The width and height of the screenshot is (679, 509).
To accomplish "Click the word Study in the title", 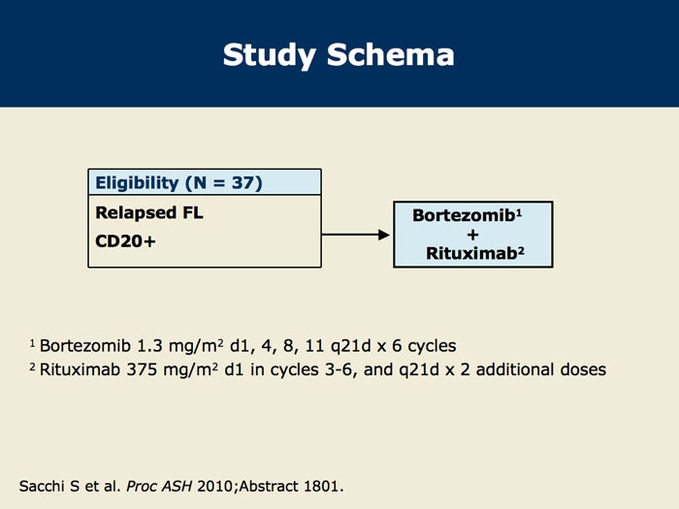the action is pyautogui.click(x=270, y=55).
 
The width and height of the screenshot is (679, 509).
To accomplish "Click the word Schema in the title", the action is pyautogui.click(x=391, y=54).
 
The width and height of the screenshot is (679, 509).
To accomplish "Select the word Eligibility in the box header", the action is pyautogui.click(x=137, y=183).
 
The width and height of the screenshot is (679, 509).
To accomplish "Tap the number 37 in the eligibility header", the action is pyautogui.click(x=244, y=182).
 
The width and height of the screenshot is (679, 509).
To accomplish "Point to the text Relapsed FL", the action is pyautogui.click(x=149, y=212).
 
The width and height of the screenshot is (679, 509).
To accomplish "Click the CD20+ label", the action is pyautogui.click(x=125, y=241).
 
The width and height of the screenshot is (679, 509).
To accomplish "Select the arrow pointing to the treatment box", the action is pyautogui.click(x=356, y=235).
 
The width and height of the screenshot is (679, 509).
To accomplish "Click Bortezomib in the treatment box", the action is pyautogui.click(x=464, y=215).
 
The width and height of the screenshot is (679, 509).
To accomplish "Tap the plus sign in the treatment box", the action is pyautogui.click(x=473, y=235).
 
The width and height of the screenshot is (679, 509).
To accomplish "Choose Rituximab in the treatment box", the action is pyautogui.click(x=471, y=253).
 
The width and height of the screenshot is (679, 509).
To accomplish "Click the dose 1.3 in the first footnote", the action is pyautogui.click(x=149, y=346).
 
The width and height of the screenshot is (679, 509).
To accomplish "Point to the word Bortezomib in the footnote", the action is pyautogui.click(x=85, y=346).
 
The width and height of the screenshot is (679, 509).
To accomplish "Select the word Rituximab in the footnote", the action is pyautogui.click(x=80, y=369).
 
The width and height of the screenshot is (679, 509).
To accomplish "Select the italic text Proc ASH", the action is pyautogui.click(x=159, y=486).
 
